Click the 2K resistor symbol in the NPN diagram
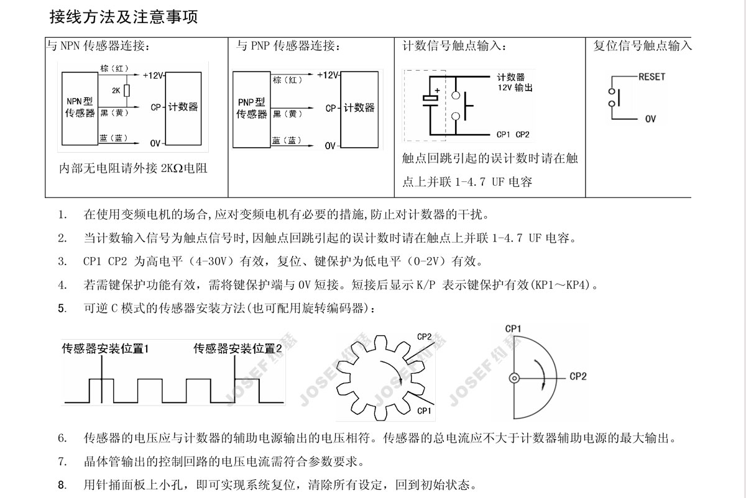(127, 91)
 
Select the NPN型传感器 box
(80, 109)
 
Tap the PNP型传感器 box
(251, 109)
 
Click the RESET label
(652, 77)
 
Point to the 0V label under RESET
(650, 119)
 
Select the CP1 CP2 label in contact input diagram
(513, 134)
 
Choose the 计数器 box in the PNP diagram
(359, 109)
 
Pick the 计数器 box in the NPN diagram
(183, 109)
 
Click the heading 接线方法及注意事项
(124, 17)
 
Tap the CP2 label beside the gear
(424, 337)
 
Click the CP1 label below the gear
(424, 411)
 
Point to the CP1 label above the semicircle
(513, 328)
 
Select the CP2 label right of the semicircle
(578, 376)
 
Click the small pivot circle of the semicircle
(514, 378)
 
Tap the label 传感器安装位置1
(105, 348)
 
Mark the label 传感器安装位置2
(237, 348)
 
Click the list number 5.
(62, 309)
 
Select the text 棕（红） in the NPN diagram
(114, 68)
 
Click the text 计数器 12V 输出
(515, 83)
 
